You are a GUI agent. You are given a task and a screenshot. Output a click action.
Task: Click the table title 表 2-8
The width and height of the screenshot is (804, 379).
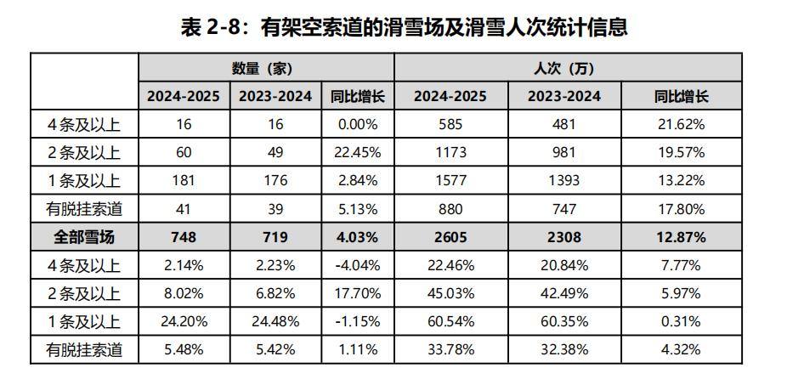tap(403, 27)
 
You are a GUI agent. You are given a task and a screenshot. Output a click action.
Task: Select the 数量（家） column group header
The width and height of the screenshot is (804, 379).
tap(266, 68)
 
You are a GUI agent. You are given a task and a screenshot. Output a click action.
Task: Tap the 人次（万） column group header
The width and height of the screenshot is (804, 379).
tap(567, 68)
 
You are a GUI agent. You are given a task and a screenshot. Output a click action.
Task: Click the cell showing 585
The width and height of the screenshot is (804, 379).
tap(450, 124)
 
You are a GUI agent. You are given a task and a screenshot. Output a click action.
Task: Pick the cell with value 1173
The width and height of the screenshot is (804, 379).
tap(450, 152)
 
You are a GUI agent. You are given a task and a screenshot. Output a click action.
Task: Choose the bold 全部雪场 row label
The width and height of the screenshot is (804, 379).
tap(84, 237)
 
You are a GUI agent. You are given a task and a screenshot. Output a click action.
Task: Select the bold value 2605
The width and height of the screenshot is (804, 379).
tap(450, 237)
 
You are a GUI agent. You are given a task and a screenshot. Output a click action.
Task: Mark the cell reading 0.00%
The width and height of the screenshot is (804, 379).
tap(357, 124)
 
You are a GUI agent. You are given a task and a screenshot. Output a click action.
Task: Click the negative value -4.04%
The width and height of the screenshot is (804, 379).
tap(357, 265)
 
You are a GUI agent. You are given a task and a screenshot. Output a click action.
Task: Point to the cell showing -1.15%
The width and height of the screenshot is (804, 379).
tap(357, 321)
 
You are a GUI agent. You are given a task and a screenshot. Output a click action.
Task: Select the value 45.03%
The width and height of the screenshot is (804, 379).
tap(450, 293)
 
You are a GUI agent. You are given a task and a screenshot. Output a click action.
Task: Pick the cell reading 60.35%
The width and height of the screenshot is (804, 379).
tap(563, 321)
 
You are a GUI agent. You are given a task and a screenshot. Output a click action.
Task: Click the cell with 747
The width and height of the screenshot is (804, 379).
tap(563, 208)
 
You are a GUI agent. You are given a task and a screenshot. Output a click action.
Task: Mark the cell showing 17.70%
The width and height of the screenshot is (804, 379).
tap(357, 293)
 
